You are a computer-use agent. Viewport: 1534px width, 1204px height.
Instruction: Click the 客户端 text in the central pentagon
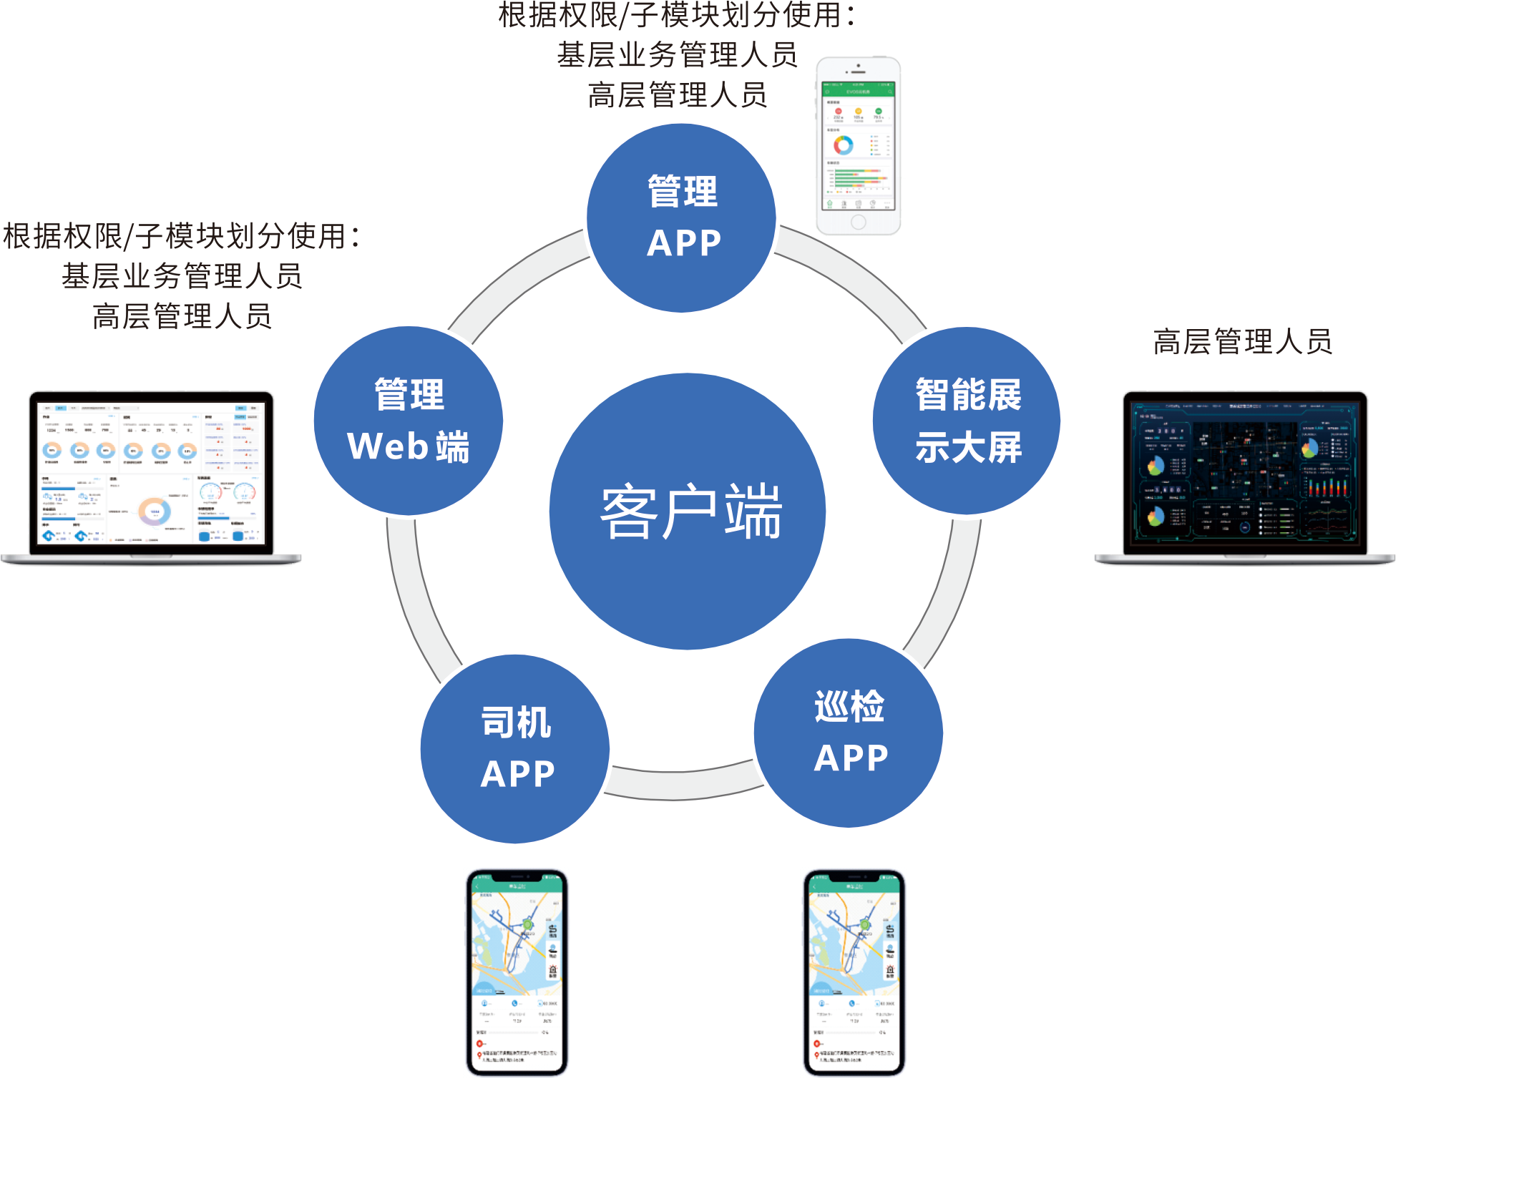(690, 511)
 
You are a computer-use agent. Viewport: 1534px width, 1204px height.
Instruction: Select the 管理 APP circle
(681, 218)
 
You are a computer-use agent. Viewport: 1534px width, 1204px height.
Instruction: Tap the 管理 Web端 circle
(408, 421)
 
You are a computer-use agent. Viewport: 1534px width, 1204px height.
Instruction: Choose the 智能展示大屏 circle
(967, 421)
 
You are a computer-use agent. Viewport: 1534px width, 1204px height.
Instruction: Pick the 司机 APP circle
(515, 748)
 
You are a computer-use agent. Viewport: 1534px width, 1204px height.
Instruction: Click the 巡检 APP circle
(849, 733)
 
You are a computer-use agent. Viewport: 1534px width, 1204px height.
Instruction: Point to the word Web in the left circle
(387, 446)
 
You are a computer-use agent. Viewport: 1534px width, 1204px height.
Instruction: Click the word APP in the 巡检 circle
(851, 758)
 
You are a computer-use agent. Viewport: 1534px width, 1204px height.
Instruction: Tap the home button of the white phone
(858, 222)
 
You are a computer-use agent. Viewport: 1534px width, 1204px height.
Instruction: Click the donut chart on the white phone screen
(843, 145)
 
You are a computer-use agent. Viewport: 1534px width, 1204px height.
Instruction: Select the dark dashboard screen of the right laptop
(1245, 473)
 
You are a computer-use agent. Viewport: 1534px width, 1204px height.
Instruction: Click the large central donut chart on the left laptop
(155, 511)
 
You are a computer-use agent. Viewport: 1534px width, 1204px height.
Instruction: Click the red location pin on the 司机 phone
(479, 1055)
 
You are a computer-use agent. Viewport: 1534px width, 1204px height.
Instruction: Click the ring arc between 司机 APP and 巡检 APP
(683, 783)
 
